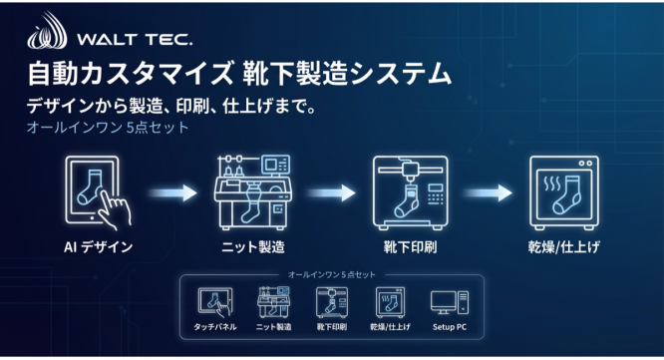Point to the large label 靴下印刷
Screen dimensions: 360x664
point(410,243)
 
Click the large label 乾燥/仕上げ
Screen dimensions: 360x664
point(564,243)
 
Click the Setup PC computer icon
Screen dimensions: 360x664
point(446,302)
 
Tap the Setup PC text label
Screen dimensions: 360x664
point(446,327)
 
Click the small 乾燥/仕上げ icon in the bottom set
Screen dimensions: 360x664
point(388,303)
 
